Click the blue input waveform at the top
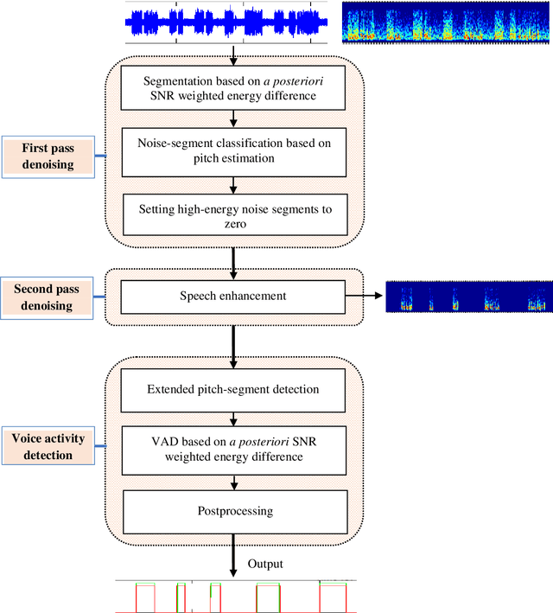pyautogui.click(x=227, y=23)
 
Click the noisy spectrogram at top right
pyautogui.click(x=446, y=23)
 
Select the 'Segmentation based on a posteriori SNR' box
pyautogui.click(x=232, y=87)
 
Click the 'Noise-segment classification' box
pyautogui.click(x=232, y=150)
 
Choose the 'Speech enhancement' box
pyautogui.click(x=232, y=296)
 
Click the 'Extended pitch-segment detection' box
pyautogui.click(x=232, y=389)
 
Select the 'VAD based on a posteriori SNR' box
pyautogui.click(x=232, y=448)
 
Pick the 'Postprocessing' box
pyautogui.click(x=232, y=510)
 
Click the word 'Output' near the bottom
pyautogui.click(x=266, y=564)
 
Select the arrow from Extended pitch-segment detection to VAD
pyautogui.click(x=232, y=416)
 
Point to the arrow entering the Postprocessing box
pyautogui.click(x=232, y=481)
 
